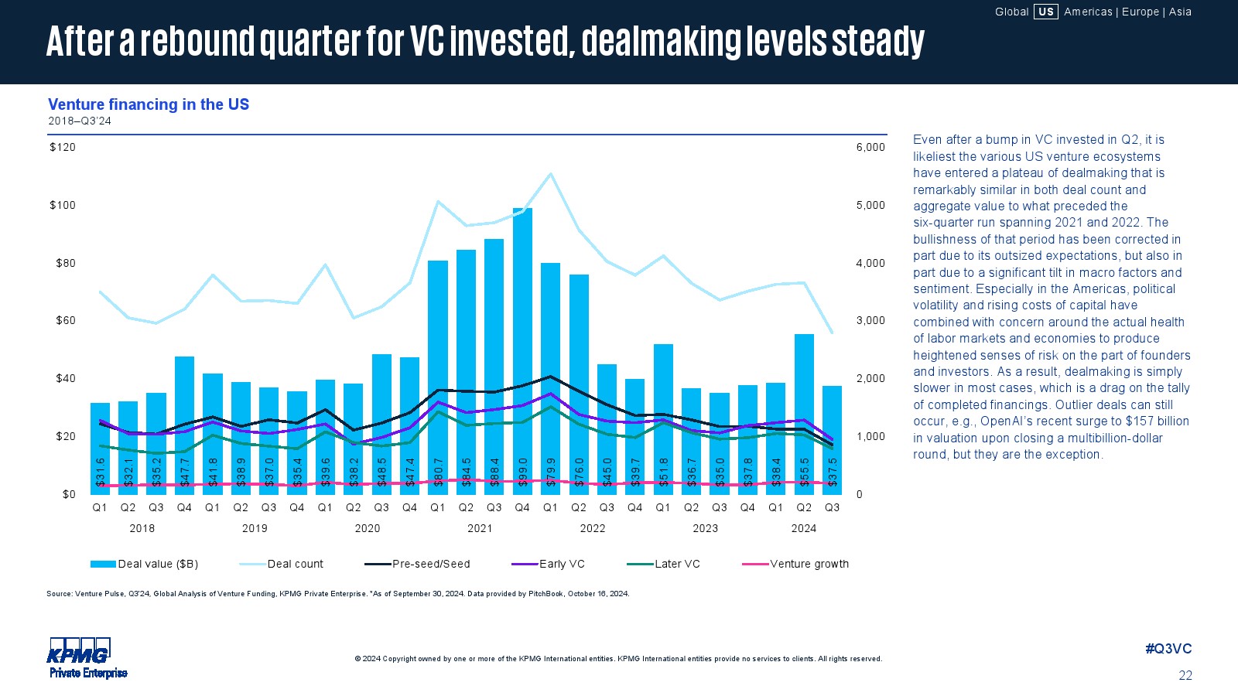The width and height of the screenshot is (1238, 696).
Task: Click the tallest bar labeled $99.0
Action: (x=522, y=348)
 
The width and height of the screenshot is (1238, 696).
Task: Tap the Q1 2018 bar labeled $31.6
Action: (x=100, y=445)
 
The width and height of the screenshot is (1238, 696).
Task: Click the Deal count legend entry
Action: (x=295, y=564)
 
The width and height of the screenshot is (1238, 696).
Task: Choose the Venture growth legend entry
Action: (x=809, y=564)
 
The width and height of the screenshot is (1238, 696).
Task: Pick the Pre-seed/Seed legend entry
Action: (x=430, y=564)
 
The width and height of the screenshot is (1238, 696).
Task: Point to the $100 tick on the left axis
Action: (x=63, y=205)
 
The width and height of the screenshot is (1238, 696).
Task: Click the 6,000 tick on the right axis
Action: (x=870, y=147)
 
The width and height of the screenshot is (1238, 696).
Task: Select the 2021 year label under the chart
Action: (x=480, y=528)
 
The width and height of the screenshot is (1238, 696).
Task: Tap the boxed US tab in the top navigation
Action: (x=1045, y=12)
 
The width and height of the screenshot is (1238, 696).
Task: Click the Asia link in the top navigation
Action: (x=1180, y=12)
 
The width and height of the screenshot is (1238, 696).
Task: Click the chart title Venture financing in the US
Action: (x=149, y=104)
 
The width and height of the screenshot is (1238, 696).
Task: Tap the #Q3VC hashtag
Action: (x=1168, y=649)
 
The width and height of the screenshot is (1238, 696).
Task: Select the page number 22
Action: (x=1185, y=675)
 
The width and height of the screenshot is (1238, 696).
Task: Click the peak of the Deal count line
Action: (x=550, y=173)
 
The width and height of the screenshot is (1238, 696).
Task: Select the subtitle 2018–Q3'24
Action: (x=80, y=121)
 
